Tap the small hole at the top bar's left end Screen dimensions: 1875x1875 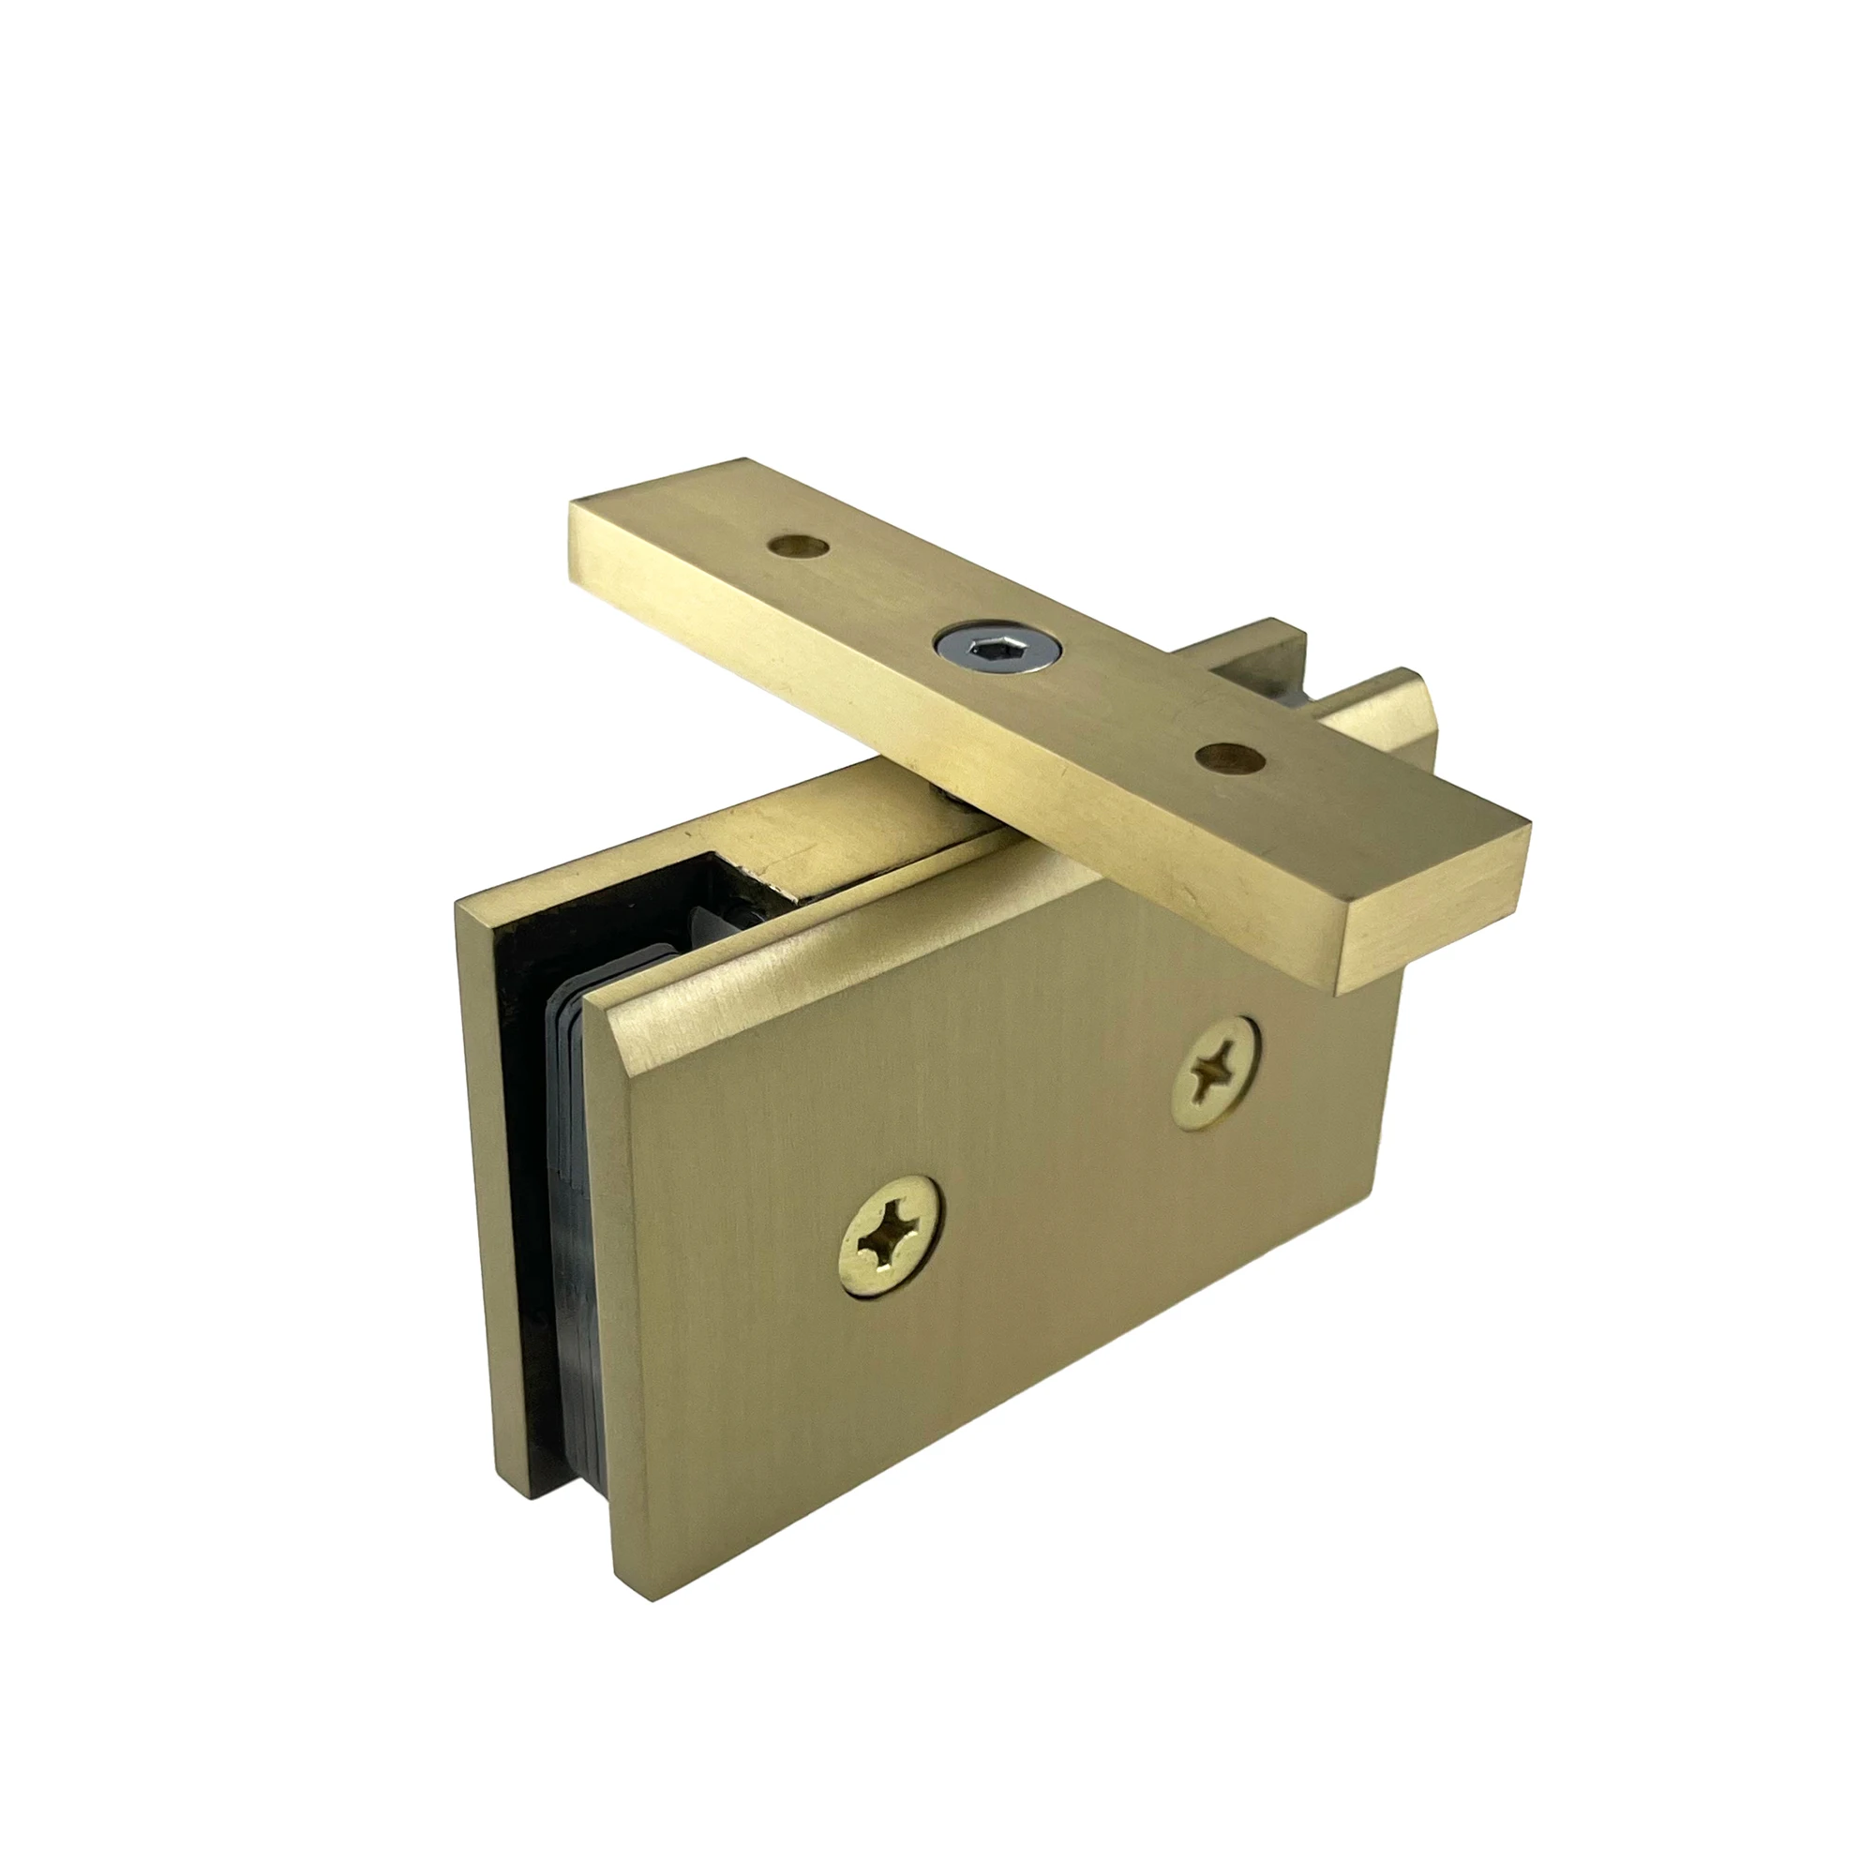coord(799,547)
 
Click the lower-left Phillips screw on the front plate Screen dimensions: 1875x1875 coord(891,1225)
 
